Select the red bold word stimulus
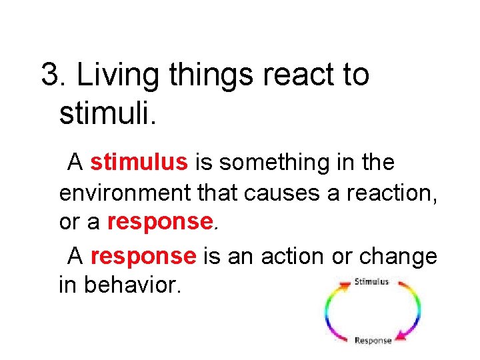(140, 162)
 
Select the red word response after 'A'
(143, 255)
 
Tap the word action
(289, 255)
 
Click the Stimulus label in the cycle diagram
(372, 282)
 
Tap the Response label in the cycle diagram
(373, 341)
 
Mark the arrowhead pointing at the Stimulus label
(345, 285)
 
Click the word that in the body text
(217, 193)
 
